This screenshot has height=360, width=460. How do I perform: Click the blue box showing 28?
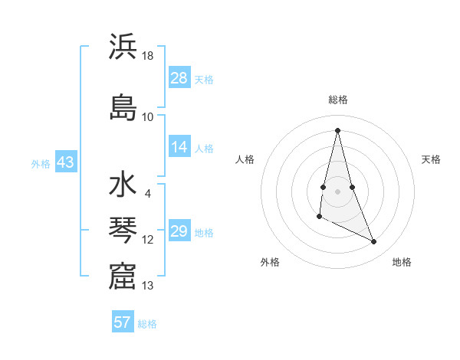[179, 78]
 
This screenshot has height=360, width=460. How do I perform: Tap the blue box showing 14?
[179, 147]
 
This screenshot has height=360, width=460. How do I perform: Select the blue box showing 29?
[179, 231]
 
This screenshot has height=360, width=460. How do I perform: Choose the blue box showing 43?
[65, 162]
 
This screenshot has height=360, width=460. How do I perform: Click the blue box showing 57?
[123, 322]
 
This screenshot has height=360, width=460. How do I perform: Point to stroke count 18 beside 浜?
[148, 56]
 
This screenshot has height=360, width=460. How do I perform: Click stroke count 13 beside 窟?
[148, 286]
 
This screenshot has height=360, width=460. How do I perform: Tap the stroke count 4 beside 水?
[147, 194]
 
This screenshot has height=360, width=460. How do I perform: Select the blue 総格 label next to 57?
[147, 324]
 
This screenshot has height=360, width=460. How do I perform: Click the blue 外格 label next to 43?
[40, 163]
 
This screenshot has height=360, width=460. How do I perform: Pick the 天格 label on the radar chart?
[431, 159]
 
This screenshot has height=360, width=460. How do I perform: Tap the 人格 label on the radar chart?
[245, 159]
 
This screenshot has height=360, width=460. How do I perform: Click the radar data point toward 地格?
[374, 242]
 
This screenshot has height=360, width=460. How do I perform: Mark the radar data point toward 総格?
[337, 130]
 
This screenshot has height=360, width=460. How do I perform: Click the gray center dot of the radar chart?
[337, 191]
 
